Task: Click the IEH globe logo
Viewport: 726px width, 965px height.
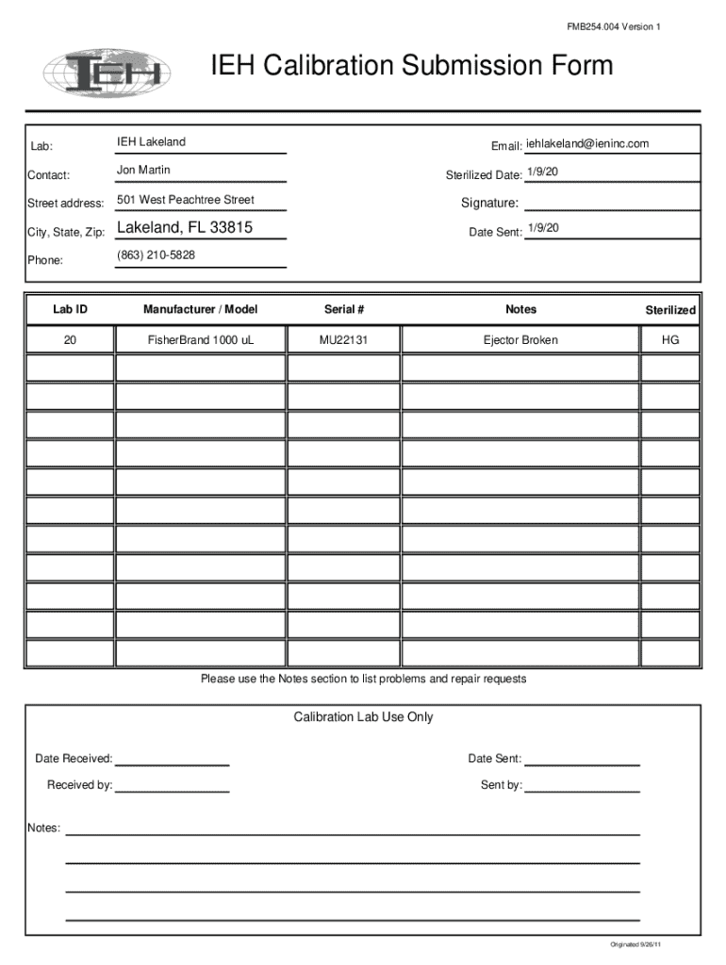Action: coord(104,72)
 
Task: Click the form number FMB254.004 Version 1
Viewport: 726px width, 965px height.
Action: coord(614,26)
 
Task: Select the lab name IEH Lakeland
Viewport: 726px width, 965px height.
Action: coord(151,142)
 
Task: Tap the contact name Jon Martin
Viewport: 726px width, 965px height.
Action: coord(143,171)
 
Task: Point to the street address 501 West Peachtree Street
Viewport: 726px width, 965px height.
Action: coord(186,200)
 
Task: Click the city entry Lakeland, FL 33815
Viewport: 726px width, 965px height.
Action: coord(185,228)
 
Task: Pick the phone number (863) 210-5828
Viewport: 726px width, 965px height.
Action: coord(157,255)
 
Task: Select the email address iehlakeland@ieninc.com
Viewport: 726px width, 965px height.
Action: coord(587,143)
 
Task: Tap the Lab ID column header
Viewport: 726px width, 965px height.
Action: coord(70,309)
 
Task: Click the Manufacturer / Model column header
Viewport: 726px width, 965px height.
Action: coord(200,309)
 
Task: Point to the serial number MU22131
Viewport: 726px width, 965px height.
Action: coord(343,340)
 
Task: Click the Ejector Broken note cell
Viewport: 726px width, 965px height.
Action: coord(520,340)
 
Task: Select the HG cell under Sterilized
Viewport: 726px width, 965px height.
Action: coord(670,340)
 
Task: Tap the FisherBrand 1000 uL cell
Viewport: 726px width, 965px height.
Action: coord(200,340)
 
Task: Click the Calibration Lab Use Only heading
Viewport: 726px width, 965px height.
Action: coord(363,717)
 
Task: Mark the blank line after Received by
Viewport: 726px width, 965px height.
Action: coord(172,790)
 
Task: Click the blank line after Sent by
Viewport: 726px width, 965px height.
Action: coord(582,790)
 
